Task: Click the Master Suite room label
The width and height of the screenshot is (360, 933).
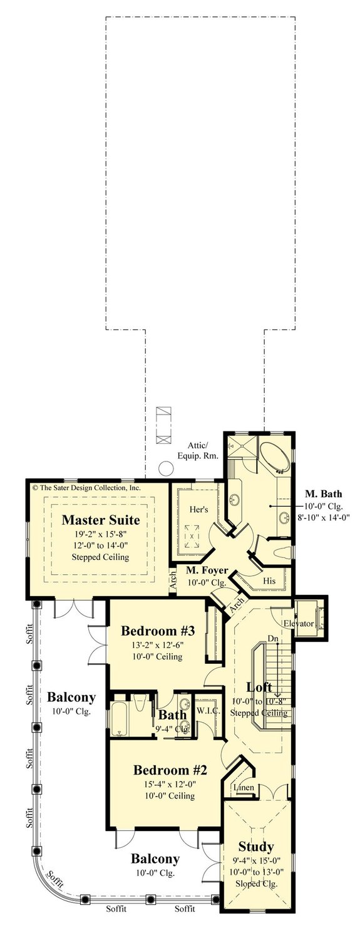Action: (x=100, y=520)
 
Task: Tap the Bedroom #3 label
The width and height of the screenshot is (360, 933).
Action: (x=153, y=630)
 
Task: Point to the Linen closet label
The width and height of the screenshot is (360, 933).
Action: (x=242, y=787)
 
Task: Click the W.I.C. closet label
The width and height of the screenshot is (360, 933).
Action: (x=207, y=711)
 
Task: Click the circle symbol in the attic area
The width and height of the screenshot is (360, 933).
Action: (x=166, y=468)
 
